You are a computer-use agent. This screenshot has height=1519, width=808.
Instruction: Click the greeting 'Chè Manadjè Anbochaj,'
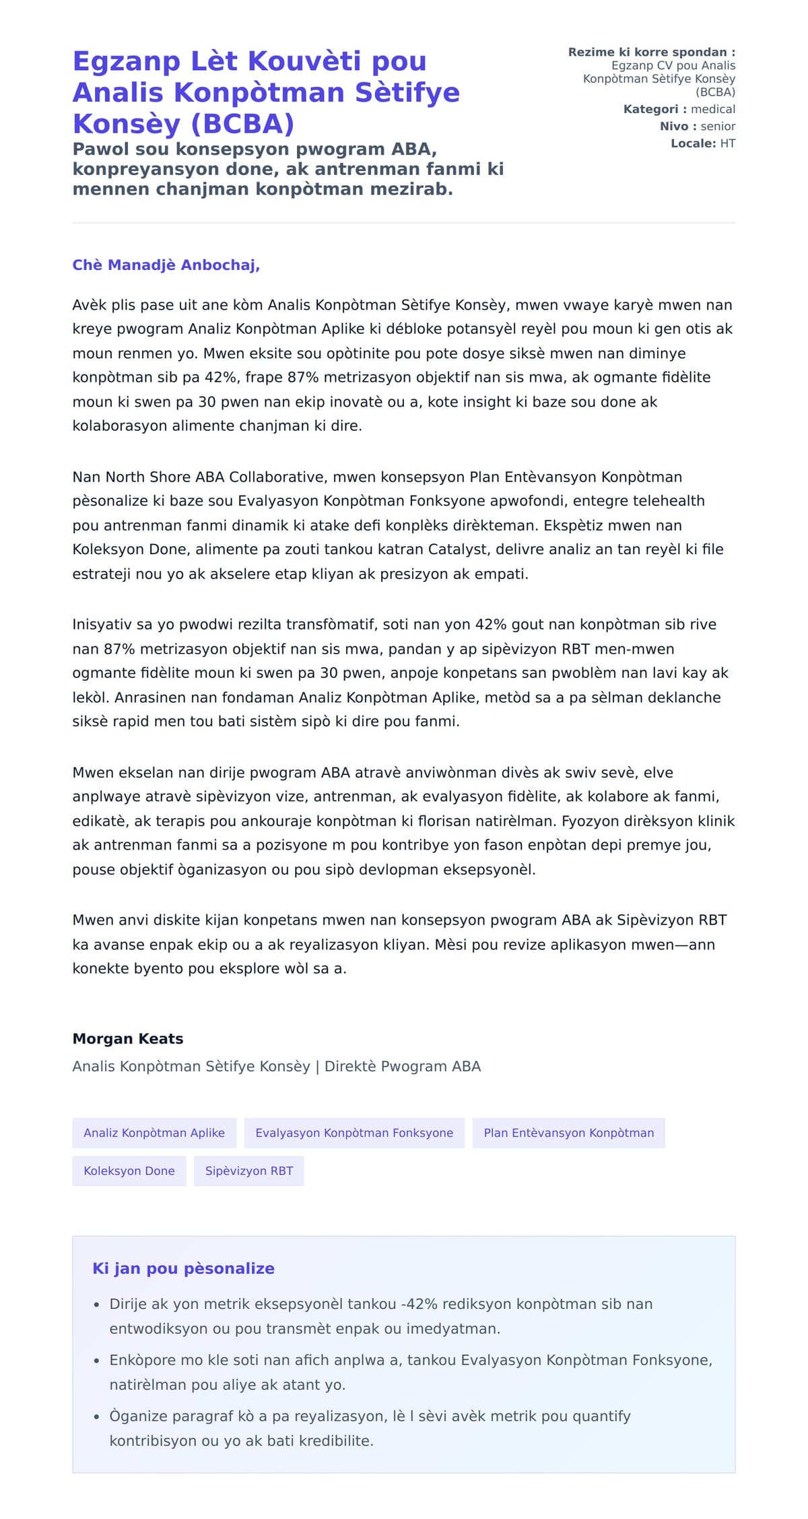pyautogui.click(x=166, y=265)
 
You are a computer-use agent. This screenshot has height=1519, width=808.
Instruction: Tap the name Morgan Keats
pyautogui.click(x=128, y=1038)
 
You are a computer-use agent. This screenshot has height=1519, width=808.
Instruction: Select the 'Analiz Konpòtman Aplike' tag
pyautogui.click(x=154, y=1133)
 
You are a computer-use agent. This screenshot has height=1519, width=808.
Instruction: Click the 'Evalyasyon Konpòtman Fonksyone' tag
pyautogui.click(x=354, y=1133)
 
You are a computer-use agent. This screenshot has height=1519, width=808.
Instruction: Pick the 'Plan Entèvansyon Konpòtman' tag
pyautogui.click(x=568, y=1133)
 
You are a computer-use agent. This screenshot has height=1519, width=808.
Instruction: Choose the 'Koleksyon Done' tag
pyautogui.click(x=129, y=1171)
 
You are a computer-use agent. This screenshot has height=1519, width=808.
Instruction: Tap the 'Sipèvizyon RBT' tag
pyautogui.click(x=249, y=1171)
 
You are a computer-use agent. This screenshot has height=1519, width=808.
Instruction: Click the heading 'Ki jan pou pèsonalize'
pyautogui.click(x=183, y=1269)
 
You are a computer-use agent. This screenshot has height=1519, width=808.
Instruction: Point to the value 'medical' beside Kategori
pyautogui.click(x=712, y=109)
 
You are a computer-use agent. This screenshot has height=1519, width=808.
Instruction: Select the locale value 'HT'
pyautogui.click(x=727, y=143)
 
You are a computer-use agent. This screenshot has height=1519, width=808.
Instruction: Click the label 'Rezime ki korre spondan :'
pyautogui.click(x=651, y=52)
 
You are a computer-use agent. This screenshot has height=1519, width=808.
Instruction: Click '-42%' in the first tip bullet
pyautogui.click(x=417, y=1304)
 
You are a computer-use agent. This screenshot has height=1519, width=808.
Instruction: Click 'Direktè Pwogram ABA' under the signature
pyautogui.click(x=403, y=1067)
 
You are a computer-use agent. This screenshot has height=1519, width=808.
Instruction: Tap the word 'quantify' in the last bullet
pyautogui.click(x=601, y=1416)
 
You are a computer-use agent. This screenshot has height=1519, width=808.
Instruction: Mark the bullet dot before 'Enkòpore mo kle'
pyautogui.click(x=97, y=1361)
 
